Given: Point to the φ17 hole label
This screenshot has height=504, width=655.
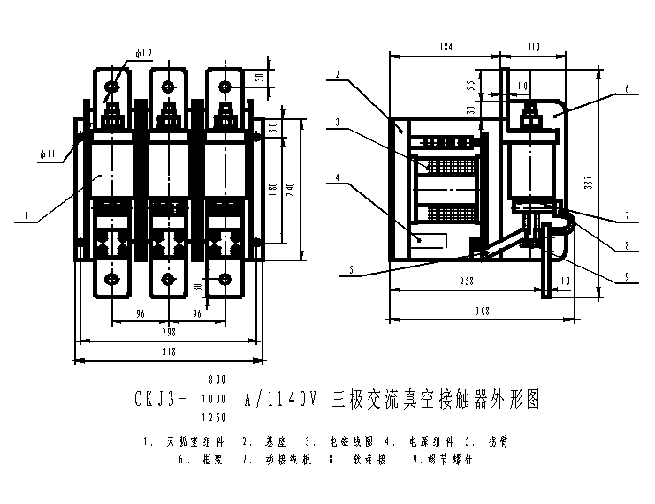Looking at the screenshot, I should (x=145, y=54).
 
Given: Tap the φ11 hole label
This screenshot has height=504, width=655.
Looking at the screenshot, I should (x=48, y=154).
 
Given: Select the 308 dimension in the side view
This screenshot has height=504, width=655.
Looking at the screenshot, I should (x=481, y=312).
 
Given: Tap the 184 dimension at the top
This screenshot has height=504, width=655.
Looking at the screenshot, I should (x=446, y=45).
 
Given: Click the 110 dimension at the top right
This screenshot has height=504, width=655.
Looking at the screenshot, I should (x=532, y=45).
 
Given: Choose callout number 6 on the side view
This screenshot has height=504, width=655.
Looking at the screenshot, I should (x=627, y=88).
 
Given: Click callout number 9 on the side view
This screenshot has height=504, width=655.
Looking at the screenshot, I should (x=627, y=276).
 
